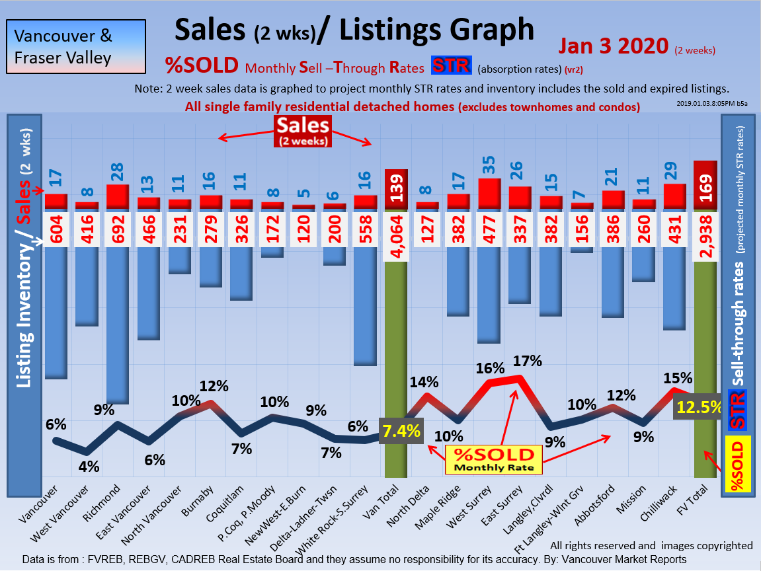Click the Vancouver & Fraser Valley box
pyautogui.click(x=76, y=46)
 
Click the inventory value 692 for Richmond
pyautogui.click(x=117, y=229)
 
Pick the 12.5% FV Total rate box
pyautogui.click(x=698, y=407)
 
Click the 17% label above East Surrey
pyautogui.click(x=527, y=361)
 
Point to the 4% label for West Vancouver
pyautogui.click(x=89, y=467)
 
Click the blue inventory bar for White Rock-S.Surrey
pyautogui.click(x=364, y=304)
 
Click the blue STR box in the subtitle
pyautogui.click(x=451, y=66)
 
